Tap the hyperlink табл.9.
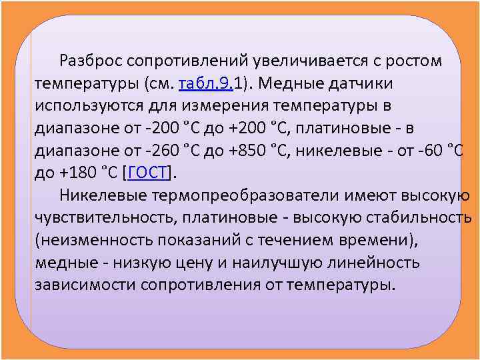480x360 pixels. pyautogui.click(x=203, y=84)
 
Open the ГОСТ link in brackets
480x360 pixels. pyautogui.click(x=148, y=174)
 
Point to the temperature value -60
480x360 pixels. pyautogui.click(x=429, y=151)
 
